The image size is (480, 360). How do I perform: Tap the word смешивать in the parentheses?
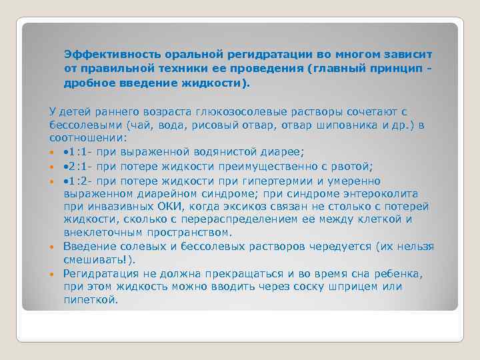click(x=91, y=260)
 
